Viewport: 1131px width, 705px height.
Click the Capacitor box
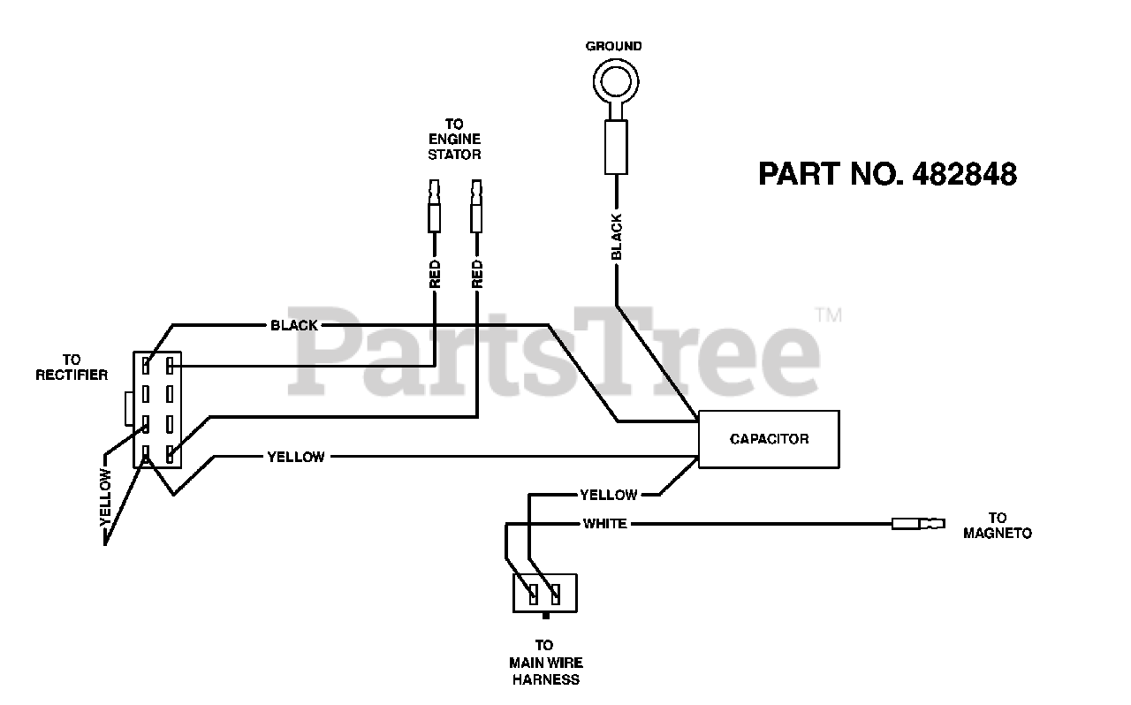769,439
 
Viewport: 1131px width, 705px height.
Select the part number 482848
887,174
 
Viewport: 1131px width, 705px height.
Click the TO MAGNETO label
998,526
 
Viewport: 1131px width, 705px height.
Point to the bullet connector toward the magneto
918,524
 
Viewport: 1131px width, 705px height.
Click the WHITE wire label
604,524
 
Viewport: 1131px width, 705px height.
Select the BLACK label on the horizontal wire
293,325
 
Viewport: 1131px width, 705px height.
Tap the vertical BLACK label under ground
617,237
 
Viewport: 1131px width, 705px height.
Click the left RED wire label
435,274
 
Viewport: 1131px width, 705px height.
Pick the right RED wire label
477,274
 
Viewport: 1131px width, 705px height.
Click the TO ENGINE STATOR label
454,140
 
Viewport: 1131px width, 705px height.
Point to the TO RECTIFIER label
72,368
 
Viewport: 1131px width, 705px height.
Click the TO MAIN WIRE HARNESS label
545,663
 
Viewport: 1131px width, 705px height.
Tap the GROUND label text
614,46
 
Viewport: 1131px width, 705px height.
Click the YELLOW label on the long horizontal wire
295,457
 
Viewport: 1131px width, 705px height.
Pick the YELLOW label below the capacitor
608,495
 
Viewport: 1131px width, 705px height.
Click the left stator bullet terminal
435,208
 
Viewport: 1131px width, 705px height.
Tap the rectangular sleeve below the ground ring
616,148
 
